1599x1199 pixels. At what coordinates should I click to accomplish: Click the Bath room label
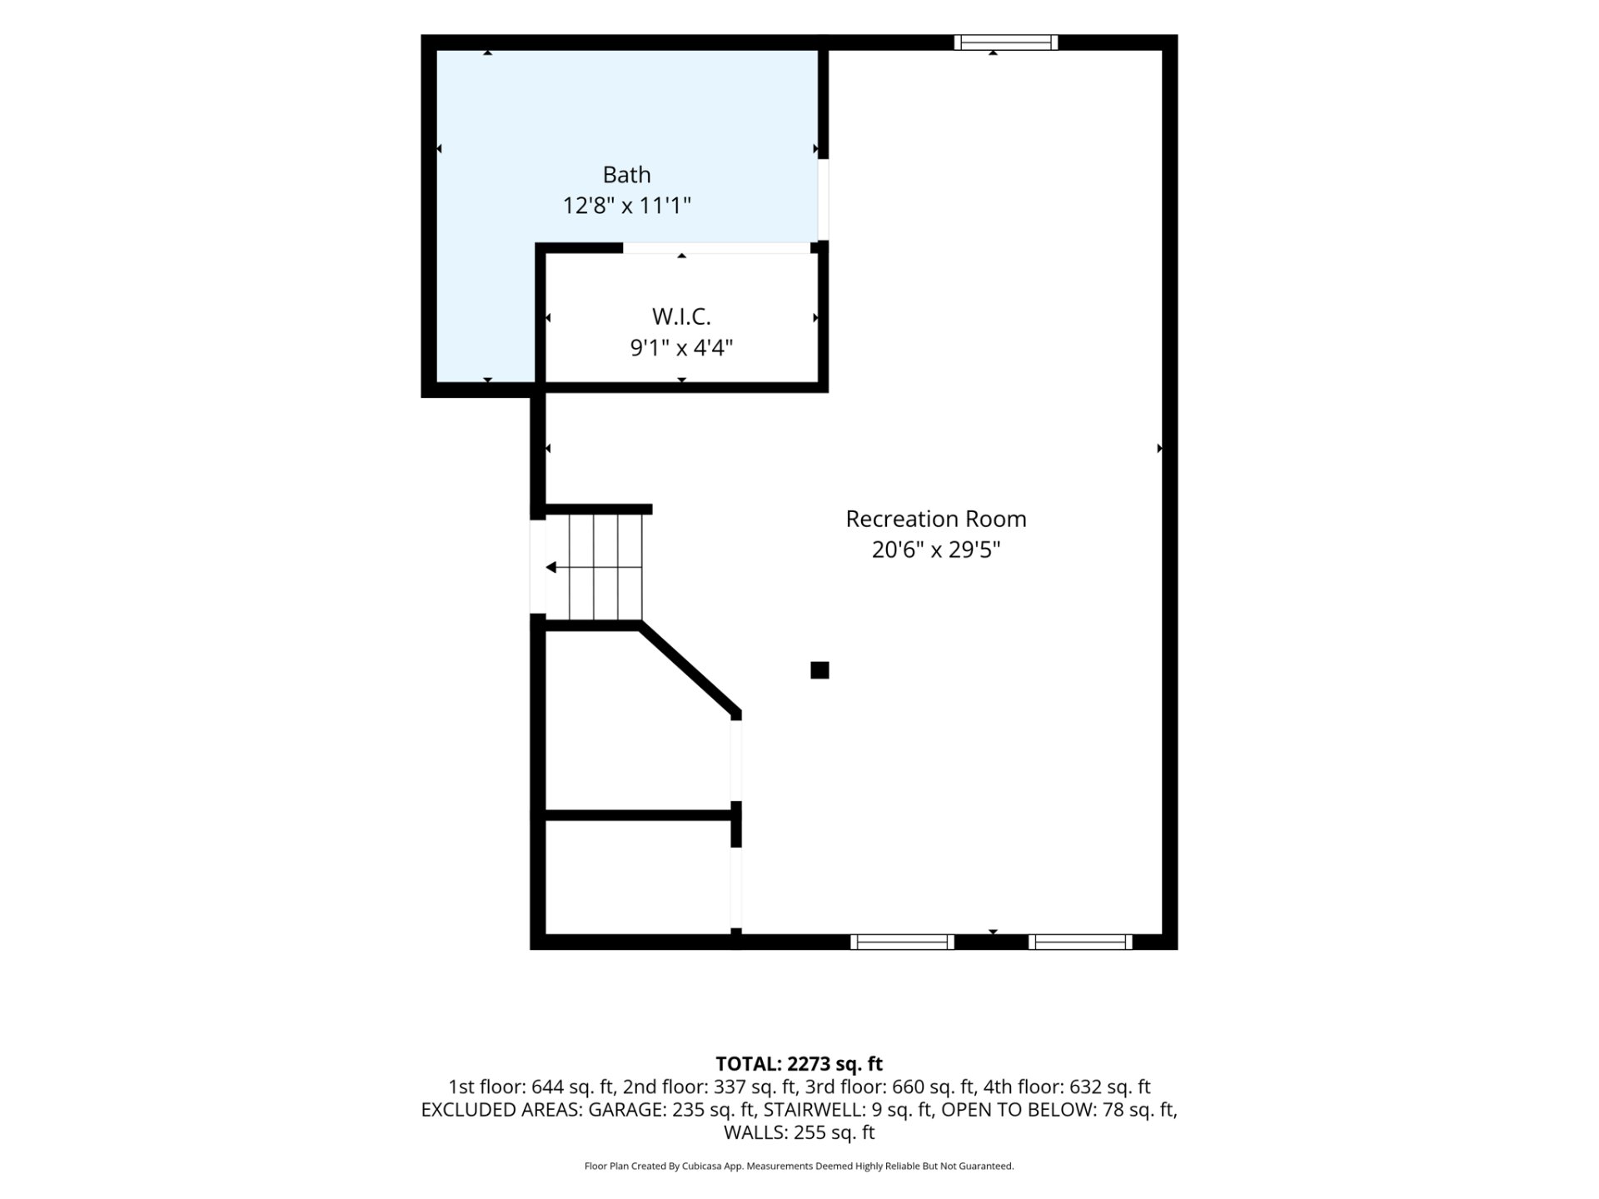626,175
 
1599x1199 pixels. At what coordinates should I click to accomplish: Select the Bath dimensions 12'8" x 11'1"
626,206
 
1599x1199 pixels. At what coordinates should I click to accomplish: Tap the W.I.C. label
681,316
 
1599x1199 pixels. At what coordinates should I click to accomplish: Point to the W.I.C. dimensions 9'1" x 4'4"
681,347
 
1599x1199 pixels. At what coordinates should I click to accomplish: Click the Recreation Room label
936,519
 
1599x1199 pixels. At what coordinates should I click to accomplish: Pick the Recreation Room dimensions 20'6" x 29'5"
936,550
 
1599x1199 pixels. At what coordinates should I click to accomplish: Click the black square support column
819,670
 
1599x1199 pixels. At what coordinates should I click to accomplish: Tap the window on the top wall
1006,42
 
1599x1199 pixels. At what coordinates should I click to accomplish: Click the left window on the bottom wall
902,942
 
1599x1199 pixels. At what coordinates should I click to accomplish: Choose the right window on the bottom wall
1080,942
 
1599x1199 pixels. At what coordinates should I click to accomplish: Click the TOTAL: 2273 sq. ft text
799,1064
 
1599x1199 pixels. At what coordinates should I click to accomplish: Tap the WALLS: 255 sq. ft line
799,1132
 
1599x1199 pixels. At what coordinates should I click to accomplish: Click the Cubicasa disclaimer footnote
799,1167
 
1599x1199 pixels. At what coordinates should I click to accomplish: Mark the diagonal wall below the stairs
689,669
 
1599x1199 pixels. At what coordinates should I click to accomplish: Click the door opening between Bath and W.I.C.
716,248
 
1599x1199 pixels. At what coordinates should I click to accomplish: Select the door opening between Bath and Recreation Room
823,199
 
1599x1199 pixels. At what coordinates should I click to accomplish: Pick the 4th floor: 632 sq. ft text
1067,1087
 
